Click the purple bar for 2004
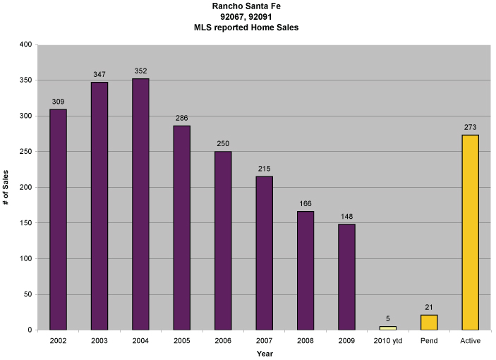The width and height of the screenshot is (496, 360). (x=140, y=204)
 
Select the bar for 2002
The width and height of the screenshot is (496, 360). (x=58, y=220)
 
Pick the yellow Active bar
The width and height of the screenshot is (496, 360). (x=470, y=232)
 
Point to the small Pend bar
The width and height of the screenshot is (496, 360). (x=429, y=323)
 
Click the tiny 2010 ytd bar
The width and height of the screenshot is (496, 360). (x=388, y=328)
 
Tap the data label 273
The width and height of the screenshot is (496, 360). (x=471, y=126)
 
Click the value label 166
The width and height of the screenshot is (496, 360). (x=306, y=203)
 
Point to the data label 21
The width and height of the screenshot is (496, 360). (x=429, y=306)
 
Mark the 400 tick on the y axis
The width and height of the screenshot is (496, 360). (x=25, y=44)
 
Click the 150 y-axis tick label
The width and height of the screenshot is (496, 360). (x=25, y=223)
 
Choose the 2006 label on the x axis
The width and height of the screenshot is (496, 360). (x=223, y=341)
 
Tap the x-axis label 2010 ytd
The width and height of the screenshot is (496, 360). (x=388, y=341)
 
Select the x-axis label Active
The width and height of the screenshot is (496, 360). (x=470, y=341)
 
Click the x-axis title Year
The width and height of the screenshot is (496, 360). (x=265, y=353)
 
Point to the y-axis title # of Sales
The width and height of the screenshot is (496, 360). (x=6, y=188)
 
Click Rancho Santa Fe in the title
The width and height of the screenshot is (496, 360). (x=247, y=6)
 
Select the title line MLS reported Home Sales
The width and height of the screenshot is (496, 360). (x=247, y=28)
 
